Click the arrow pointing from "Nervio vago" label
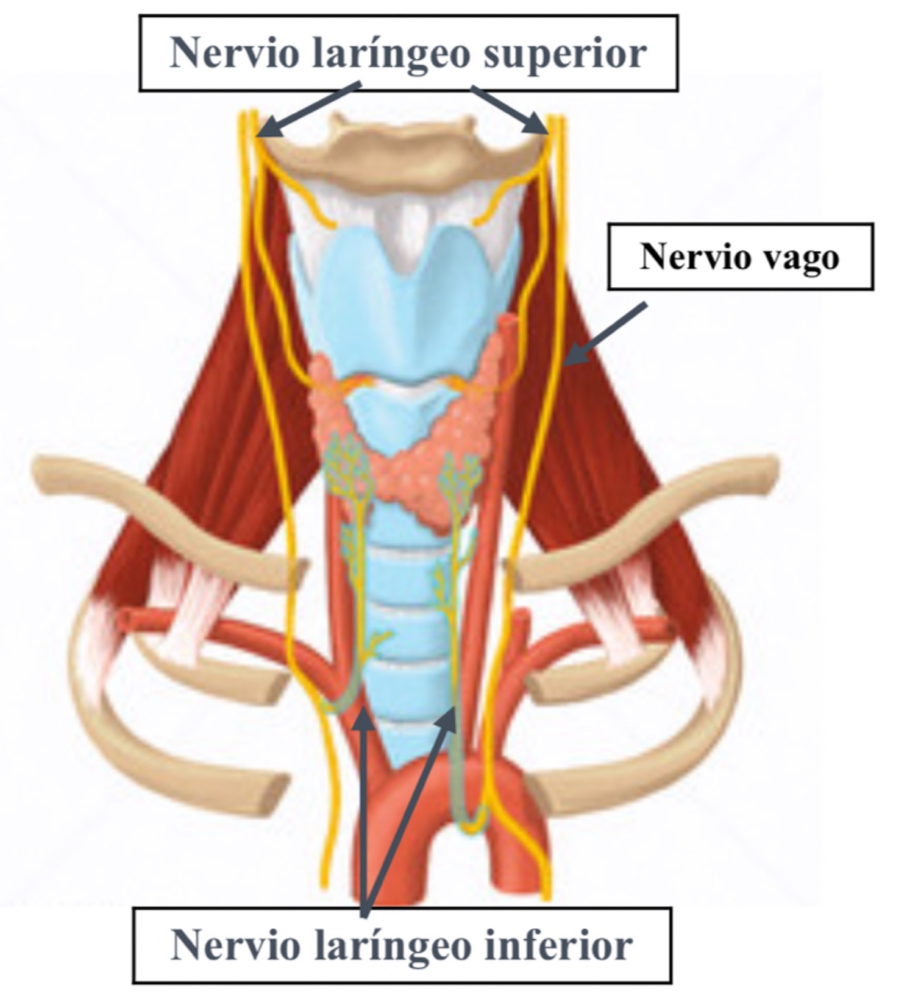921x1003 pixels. [x=608, y=333]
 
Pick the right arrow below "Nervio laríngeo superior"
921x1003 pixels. [x=510, y=109]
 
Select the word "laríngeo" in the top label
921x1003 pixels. [x=391, y=52]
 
